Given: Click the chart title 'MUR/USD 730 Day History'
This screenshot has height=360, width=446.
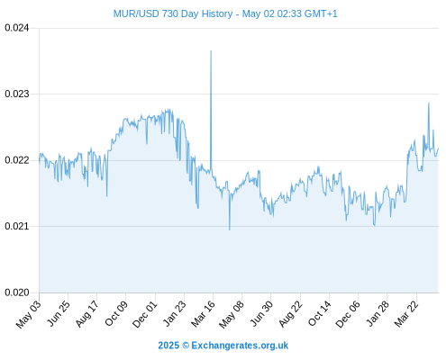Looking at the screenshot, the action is (x=173, y=13).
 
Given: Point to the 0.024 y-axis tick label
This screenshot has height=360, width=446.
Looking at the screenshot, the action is (x=17, y=28).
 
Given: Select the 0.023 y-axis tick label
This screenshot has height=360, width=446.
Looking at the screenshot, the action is (x=17, y=94).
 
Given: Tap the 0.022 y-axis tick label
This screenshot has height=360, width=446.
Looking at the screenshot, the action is (x=17, y=160).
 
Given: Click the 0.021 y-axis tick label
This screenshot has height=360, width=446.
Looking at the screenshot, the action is (x=17, y=226).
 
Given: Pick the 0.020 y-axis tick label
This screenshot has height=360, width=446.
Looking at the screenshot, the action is (x=17, y=292).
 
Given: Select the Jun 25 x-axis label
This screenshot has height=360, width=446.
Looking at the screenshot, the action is (x=59, y=313).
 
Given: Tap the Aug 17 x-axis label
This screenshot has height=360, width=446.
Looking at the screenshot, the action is (x=86, y=314).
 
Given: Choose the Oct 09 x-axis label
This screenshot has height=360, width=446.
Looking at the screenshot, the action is (x=116, y=313).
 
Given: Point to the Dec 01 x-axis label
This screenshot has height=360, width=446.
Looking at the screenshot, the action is (x=144, y=314).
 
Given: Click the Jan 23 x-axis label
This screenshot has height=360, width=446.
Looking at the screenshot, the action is (x=174, y=313).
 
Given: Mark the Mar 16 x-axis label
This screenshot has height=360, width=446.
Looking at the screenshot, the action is (x=203, y=314).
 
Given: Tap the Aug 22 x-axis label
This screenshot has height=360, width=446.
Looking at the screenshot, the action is (x=290, y=314).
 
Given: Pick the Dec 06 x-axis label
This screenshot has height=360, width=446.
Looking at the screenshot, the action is (x=348, y=314).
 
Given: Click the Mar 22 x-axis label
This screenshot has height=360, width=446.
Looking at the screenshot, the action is (x=406, y=314).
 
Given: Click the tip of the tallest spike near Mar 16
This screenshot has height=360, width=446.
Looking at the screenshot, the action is (x=211, y=50).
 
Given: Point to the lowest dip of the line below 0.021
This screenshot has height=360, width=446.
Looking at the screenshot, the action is (x=230, y=229).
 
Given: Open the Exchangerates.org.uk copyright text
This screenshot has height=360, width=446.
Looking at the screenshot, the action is (x=223, y=346).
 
